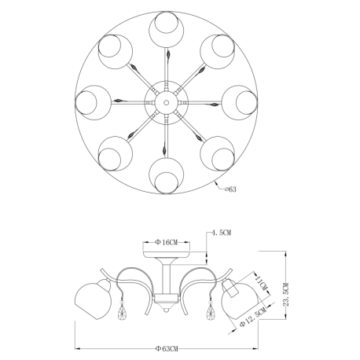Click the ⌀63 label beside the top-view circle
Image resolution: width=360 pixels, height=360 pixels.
[x=230, y=189]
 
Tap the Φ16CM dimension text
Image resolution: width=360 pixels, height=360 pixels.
[x=166, y=242]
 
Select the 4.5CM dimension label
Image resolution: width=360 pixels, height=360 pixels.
[x=222, y=233]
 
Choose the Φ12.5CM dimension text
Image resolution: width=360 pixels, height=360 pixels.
[x=253, y=317]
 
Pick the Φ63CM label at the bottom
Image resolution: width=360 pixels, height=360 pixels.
[x=167, y=349]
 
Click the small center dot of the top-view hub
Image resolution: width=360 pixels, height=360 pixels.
[x=166, y=102]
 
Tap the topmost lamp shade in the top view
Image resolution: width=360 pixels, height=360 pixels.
[x=166, y=29]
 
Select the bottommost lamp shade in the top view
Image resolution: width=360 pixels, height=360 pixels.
[x=166, y=176]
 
